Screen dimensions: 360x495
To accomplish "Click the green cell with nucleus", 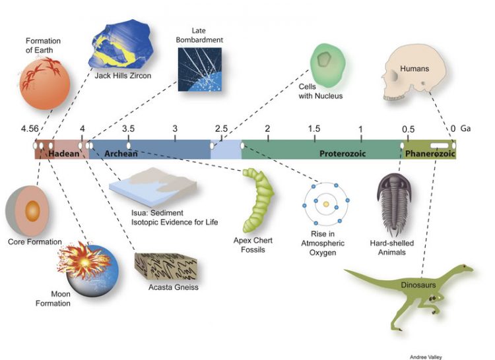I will click(326, 63).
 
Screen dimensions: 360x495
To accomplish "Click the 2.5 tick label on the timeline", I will click(221, 129).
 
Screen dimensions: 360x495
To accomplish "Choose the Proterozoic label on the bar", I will click(343, 154).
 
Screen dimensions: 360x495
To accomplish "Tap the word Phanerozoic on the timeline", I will click(430, 154).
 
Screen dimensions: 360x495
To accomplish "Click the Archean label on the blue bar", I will click(121, 154).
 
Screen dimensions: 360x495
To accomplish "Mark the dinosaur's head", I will click(465, 267).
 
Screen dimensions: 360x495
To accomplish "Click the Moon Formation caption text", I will click(66, 299).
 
